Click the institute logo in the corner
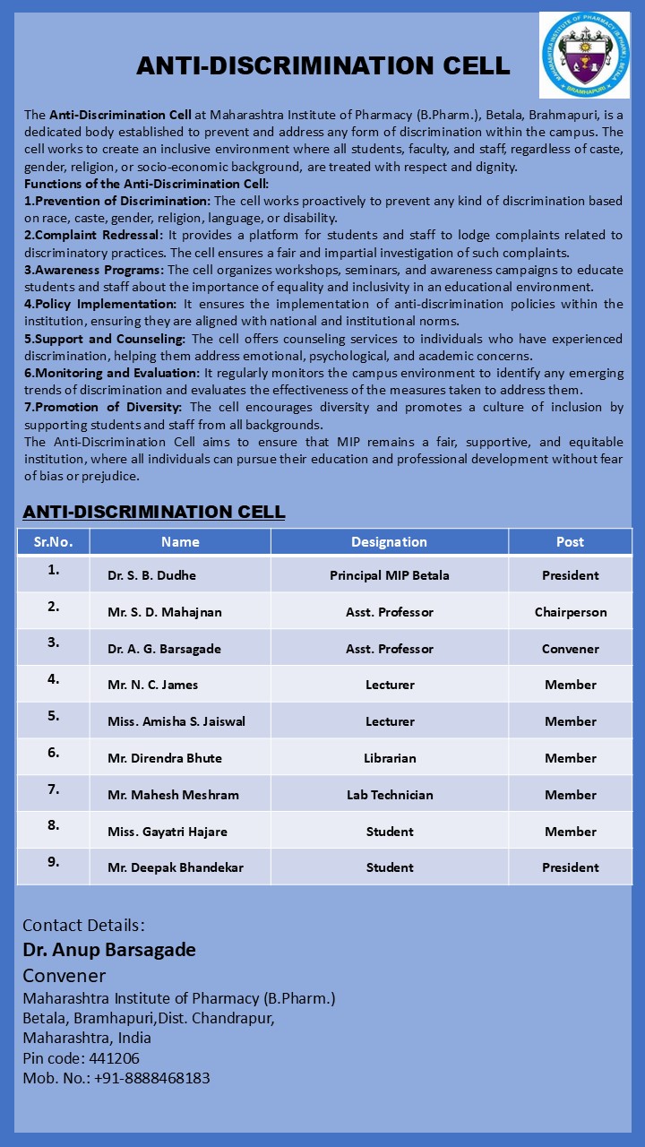pyautogui.click(x=584, y=55)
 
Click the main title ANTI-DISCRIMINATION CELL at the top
pyautogui.click(x=322, y=65)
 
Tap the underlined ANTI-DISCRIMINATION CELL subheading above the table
pyautogui.click(x=154, y=512)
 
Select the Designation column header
pyautogui.click(x=389, y=541)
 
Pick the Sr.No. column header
pyautogui.click(x=54, y=541)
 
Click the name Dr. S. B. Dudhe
pyautogui.click(x=151, y=575)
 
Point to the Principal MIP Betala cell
pyautogui.click(x=389, y=575)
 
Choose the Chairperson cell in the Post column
pyautogui.click(x=570, y=612)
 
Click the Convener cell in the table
pyautogui.click(x=570, y=649)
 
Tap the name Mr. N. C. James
pyautogui.click(x=152, y=685)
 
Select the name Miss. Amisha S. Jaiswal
pyautogui.click(x=176, y=721)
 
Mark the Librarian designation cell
pyautogui.click(x=389, y=758)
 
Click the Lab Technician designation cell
pyautogui.click(x=389, y=795)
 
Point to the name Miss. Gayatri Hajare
pyautogui.click(x=167, y=832)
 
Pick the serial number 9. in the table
pyautogui.click(x=54, y=862)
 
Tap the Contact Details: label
pyautogui.click(x=83, y=925)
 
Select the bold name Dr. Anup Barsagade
pyautogui.click(x=109, y=949)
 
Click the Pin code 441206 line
pyautogui.click(x=81, y=1058)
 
